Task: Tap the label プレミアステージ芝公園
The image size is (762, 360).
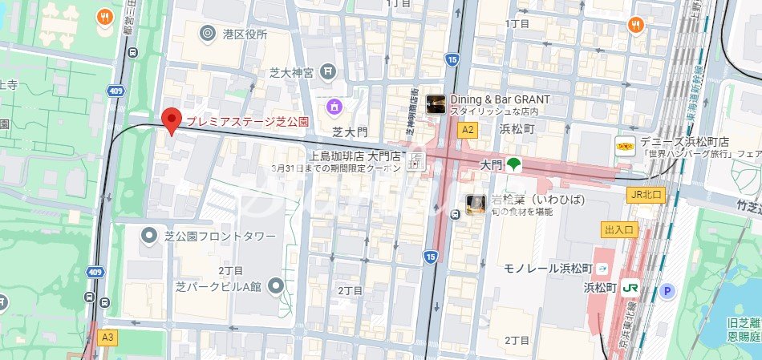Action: coord(248,122)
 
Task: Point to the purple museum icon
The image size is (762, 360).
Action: coord(334,106)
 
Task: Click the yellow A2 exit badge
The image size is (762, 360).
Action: coord(467,129)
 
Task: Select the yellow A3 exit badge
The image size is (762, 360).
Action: coord(107,338)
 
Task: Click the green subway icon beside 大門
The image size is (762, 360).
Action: coord(513,164)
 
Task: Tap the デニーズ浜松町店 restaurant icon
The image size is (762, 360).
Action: coord(625,146)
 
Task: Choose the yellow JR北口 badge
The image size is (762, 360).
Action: coord(646,195)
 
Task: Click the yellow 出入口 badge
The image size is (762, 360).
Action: coord(618,230)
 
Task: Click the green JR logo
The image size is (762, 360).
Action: coord(631,287)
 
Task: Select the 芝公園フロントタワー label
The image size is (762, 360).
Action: coord(218,237)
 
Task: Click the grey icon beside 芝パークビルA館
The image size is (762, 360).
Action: coord(276,285)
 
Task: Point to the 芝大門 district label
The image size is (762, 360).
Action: coord(350,131)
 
